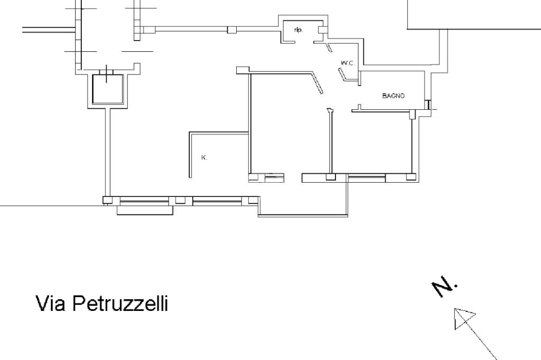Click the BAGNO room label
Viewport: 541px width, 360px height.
point(393,96)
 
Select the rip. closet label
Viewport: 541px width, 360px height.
point(298,31)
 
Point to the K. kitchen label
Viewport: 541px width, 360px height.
point(204,157)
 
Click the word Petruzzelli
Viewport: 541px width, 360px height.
point(120,304)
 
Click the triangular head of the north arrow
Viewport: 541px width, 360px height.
point(463,319)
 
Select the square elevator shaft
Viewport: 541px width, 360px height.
point(108,89)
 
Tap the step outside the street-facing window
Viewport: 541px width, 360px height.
point(145,210)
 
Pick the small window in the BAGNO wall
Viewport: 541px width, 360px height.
point(427,105)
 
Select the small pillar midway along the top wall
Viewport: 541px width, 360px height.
point(231,30)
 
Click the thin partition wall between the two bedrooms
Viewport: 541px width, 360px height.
point(331,143)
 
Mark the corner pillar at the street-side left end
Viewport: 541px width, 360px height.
point(107,201)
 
